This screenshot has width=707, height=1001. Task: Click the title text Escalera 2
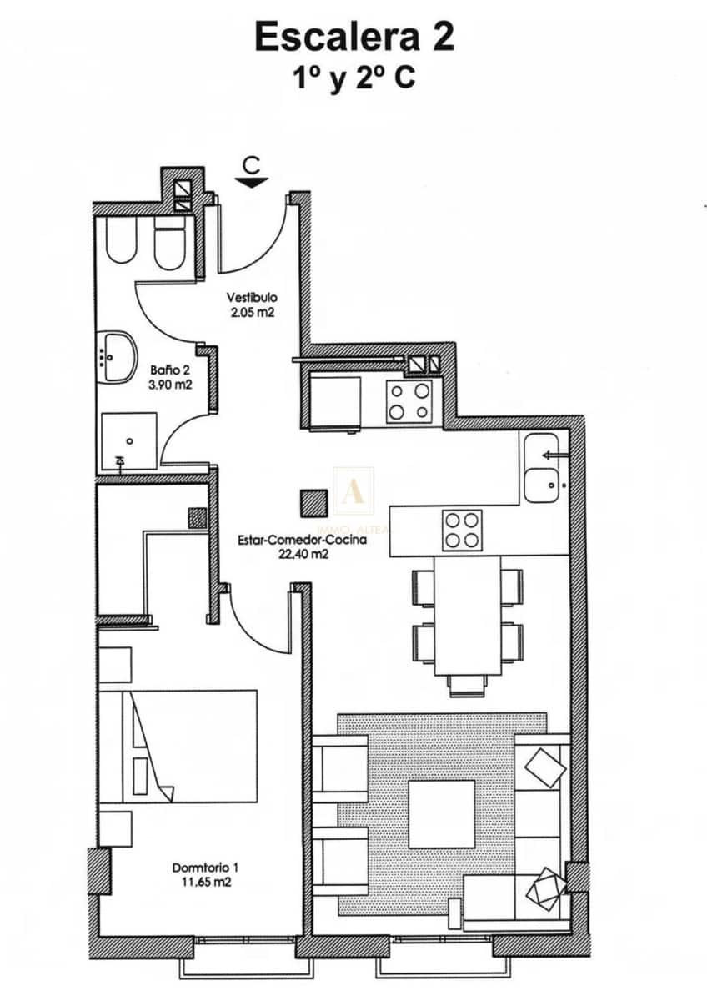coord(354,38)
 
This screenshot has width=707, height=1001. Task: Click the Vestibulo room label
coord(252,297)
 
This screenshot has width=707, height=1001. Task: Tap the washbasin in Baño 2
coord(118,355)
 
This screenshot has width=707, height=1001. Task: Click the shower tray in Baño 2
coord(128,440)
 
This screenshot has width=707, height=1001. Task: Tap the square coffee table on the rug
coord(441,813)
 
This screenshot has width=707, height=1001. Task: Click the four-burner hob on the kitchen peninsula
coord(462,530)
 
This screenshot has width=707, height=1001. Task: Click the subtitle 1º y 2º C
coord(353,78)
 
